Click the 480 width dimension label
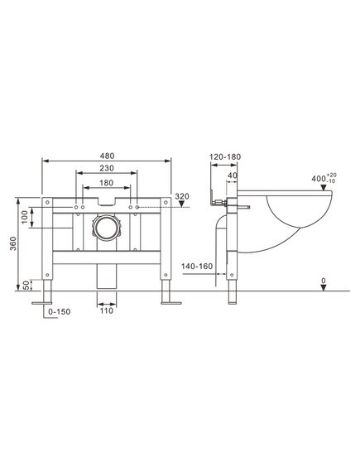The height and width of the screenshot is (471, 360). coord(108,156)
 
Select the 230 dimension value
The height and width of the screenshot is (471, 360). coord(107,168)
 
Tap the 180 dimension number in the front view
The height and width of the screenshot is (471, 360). coord(107,183)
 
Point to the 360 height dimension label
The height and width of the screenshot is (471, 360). coord(13,244)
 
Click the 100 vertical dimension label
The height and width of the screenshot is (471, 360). coord(25,217)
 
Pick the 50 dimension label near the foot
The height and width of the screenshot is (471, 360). coord(26,285)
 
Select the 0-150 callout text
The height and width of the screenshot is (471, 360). coord(60,312)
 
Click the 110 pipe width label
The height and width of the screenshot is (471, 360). coord(106,310)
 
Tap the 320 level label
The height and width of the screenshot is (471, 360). coord(182,196)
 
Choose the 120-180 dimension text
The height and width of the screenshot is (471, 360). coord(225,156)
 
